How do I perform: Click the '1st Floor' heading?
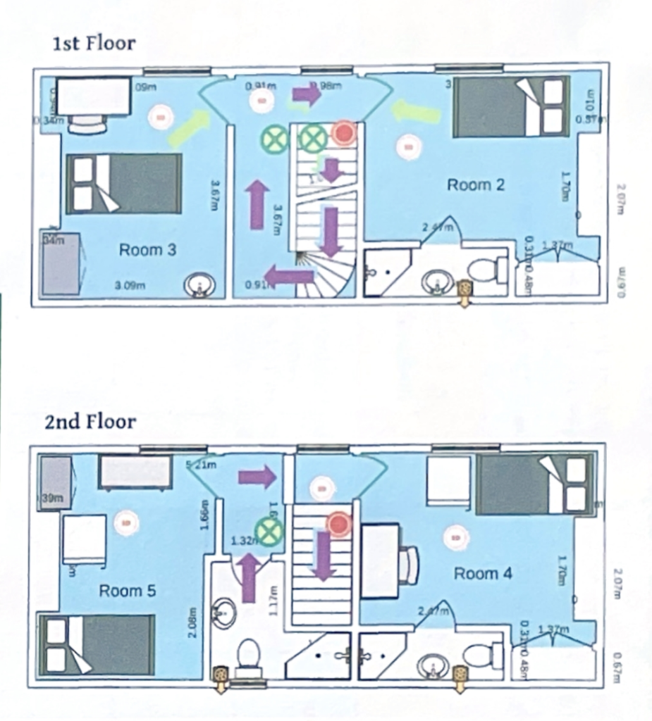point(94,44)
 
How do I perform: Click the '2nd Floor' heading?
point(90,421)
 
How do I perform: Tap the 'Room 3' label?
point(147,249)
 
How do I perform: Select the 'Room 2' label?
point(476,185)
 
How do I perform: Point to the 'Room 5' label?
point(127,590)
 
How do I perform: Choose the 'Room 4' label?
point(483,573)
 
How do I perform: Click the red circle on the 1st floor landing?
point(344,132)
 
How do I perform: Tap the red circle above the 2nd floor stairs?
point(339,523)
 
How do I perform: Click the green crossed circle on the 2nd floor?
point(269,531)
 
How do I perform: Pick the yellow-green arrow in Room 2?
point(412,110)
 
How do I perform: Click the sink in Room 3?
point(199,286)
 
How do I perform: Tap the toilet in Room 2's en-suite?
point(486,270)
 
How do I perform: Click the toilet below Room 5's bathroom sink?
point(249,656)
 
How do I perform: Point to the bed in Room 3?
point(124,183)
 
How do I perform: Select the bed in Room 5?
point(97,644)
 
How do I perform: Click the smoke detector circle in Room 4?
point(456,539)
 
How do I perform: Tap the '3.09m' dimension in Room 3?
point(130,285)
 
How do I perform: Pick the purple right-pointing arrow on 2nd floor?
point(257,477)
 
